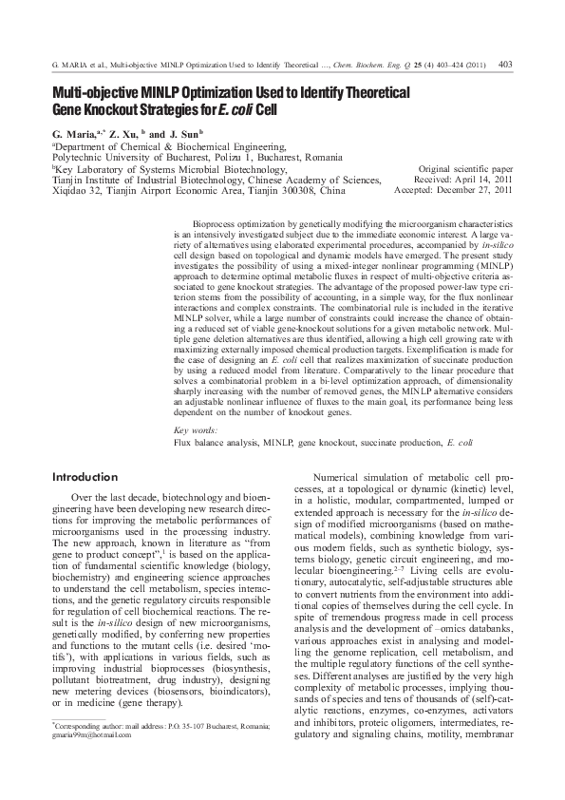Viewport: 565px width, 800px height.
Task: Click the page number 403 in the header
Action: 505,65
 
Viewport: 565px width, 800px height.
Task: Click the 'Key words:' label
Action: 195,431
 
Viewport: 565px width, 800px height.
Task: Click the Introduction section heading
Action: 85,476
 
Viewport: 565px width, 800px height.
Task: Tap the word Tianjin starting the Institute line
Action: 67,179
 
